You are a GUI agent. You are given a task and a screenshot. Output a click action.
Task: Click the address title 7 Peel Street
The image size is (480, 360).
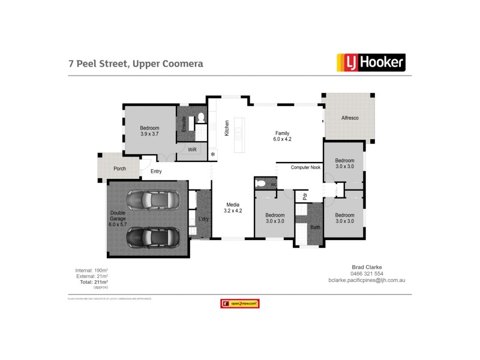click(x=135, y=63)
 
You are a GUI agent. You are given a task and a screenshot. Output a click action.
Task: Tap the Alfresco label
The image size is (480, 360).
click(x=350, y=118)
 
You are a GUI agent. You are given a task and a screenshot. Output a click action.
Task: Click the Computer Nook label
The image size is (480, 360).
click(x=306, y=168)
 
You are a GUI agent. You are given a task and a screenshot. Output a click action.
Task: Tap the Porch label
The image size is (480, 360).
click(x=120, y=169)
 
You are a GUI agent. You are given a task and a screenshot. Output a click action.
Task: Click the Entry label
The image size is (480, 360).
click(x=156, y=172)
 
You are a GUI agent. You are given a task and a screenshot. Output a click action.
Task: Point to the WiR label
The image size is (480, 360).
click(x=192, y=149)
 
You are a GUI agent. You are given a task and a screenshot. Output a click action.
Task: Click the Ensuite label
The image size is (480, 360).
click(x=184, y=123)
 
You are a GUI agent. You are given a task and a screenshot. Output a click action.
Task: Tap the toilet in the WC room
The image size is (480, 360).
click(x=260, y=183)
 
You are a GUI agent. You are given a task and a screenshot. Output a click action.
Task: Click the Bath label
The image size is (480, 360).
click(x=314, y=227)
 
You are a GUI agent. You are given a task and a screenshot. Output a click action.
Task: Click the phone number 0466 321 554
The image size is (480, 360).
click(x=367, y=274)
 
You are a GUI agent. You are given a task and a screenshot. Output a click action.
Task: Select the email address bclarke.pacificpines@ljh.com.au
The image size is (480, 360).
click(x=367, y=280)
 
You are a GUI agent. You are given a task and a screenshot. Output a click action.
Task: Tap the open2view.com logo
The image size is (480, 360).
click(x=239, y=304)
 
